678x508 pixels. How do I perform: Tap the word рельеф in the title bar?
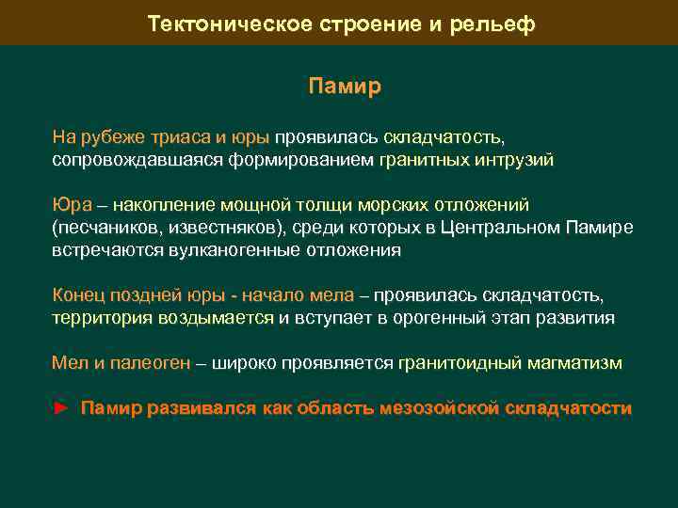(x=496, y=24)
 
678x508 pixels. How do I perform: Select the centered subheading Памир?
(x=345, y=87)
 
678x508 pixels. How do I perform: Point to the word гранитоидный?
(x=459, y=362)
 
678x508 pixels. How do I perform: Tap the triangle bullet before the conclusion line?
(x=61, y=408)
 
